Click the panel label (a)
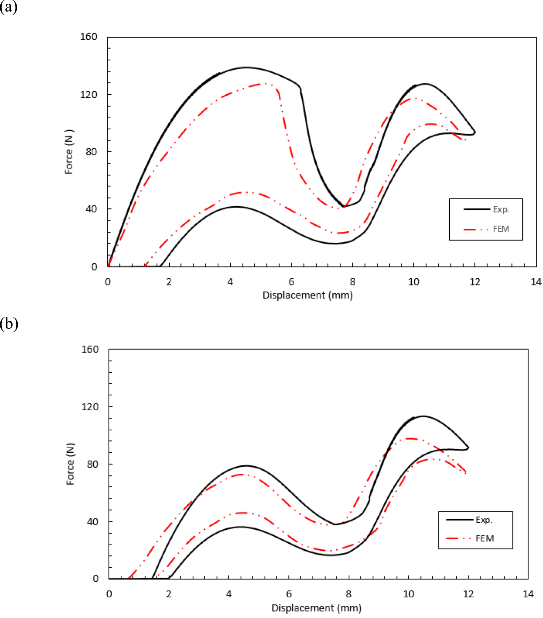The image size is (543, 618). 8,7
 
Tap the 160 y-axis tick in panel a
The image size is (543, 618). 89,37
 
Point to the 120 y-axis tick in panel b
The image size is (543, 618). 90,406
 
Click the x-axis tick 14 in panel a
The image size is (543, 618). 536,282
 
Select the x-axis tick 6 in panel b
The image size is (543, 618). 289,594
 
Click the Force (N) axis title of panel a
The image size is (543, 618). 69,152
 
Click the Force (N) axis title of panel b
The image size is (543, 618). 70,464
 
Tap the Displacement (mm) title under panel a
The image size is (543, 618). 307,295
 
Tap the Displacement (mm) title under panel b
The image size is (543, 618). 316,608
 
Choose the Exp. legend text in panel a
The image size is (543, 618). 501,209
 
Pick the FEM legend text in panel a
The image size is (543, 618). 501,229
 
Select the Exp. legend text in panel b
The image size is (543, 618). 484,520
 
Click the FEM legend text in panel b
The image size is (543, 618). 485,539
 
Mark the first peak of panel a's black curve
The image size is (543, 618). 246,68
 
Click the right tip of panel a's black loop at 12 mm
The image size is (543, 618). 475,132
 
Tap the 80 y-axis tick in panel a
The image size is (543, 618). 91,152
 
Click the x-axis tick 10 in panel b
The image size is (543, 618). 408,594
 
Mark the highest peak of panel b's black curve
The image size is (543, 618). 423,416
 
